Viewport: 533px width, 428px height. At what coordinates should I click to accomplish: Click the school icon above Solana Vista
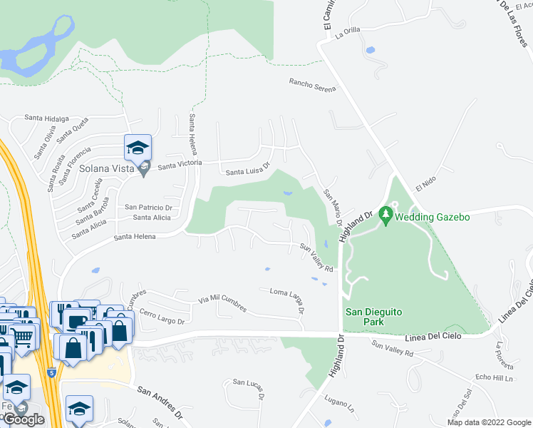click(138, 148)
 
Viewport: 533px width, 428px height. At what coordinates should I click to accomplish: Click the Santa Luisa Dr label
click(247, 169)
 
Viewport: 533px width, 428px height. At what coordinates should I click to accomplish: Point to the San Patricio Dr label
click(150, 207)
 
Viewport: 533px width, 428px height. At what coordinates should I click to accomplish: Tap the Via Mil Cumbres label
click(222, 303)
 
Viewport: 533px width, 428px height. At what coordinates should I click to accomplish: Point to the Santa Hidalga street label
click(46, 118)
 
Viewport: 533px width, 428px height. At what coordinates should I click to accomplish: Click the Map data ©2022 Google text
click(489, 422)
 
